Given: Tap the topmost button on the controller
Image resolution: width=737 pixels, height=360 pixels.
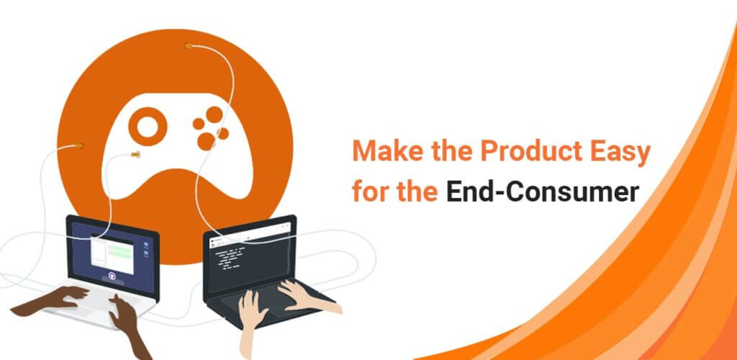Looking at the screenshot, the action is pos(214,114).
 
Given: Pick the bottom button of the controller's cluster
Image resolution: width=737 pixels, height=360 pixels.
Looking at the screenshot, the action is pos(206,141).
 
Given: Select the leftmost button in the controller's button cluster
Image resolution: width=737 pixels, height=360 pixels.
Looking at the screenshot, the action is pos(199,124).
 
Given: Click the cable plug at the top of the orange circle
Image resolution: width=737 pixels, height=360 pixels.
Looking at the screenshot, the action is pos(189,45).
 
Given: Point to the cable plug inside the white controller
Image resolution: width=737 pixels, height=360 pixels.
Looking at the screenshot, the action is pos(135,153).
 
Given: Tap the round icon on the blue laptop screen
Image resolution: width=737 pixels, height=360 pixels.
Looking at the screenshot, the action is pos(112,276).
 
